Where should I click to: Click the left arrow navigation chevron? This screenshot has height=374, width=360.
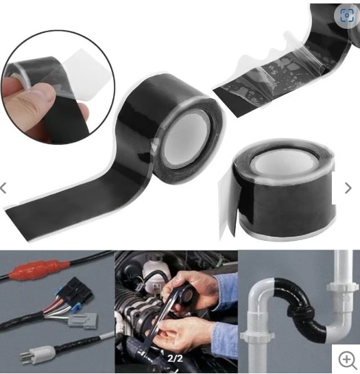coord(3,188)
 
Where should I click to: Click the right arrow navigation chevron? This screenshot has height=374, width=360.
coord(348,188)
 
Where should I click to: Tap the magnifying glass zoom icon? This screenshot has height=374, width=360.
coord(347,360)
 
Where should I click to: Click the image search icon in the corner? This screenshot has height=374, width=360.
coord(347,16)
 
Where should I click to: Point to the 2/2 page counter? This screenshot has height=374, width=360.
coord(175,358)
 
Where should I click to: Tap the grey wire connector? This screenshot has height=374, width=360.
coord(83,320)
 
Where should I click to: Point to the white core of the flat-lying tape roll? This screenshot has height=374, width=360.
coord(284,162)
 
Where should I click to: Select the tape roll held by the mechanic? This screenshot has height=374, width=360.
coord(187,295)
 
